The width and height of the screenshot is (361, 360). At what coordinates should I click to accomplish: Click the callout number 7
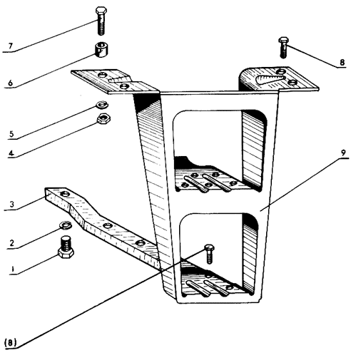click(x=10, y=46)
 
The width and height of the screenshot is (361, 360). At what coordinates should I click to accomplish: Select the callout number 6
click(x=10, y=83)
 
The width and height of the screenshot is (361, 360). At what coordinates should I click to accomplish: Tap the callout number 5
click(x=11, y=134)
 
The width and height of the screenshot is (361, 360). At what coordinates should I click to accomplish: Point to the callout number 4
click(x=11, y=153)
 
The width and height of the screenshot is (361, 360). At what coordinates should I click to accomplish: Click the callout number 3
click(x=12, y=204)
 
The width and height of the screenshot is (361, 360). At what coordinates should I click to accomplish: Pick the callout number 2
click(x=11, y=243)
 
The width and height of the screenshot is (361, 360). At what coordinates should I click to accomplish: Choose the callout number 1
click(x=12, y=269)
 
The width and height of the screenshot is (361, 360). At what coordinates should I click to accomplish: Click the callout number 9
click(x=343, y=153)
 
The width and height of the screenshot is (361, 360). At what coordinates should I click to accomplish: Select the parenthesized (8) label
click(x=11, y=342)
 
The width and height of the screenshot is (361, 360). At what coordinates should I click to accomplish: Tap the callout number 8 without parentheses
click(x=342, y=63)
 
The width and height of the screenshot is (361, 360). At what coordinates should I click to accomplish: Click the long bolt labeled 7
click(x=101, y=21)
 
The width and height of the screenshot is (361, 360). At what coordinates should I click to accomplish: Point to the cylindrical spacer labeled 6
click(x=101, y=49)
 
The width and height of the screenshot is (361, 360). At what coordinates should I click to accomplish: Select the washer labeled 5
click(x=102, y=105)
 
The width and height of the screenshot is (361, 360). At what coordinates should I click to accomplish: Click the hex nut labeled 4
click(x=103, y=118)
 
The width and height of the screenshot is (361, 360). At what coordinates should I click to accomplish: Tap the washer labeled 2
click(x=66, y=225)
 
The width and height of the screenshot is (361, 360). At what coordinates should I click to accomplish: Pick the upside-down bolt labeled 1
click(x=66, y=247)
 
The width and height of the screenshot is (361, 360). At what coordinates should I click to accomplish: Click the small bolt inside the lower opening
click(x=209, y=253)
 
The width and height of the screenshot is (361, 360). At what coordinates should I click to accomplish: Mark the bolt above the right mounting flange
click(x=283, y=48)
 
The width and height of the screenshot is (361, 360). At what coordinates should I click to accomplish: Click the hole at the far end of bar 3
click(x=64, y=194)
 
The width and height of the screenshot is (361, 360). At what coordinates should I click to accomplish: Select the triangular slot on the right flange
click(x=270, y=79)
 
